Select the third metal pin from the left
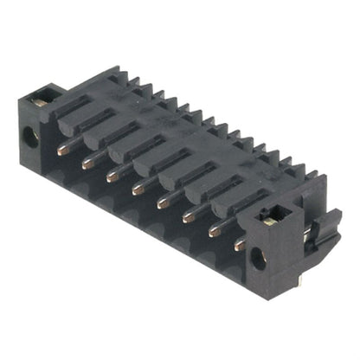point(112,176)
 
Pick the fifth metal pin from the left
point(162,203)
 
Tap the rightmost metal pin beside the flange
point(240,245)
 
